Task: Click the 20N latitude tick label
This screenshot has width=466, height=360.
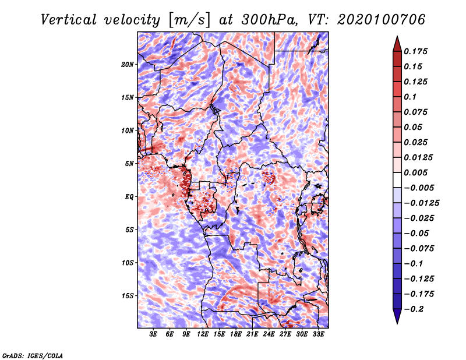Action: point(128,64)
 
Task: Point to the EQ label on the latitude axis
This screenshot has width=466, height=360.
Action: point(129,196)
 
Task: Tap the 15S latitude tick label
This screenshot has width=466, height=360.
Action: point(128,295)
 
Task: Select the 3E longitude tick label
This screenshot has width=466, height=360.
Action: point(154,335)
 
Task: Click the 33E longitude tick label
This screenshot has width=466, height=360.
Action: point(318,335)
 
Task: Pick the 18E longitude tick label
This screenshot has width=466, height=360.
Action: point(236,335)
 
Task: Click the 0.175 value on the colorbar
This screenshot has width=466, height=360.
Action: point(416,51)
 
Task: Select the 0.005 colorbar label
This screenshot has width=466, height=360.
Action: point(416,172)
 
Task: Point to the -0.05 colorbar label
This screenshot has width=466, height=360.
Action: point(419,233)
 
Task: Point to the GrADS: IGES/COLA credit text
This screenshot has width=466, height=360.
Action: point(32,355)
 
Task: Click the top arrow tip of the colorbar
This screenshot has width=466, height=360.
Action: point(397,38)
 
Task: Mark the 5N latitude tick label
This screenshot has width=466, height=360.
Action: point(129,163)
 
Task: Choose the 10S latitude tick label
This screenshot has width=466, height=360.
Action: point(128,263)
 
